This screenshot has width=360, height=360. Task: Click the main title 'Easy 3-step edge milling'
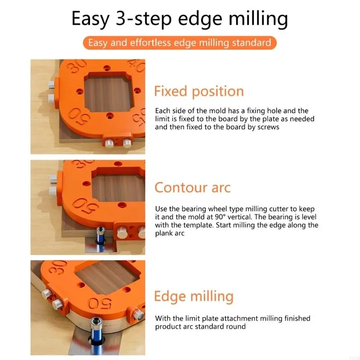point(180,19)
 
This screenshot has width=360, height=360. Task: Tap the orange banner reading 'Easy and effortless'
point(180,43)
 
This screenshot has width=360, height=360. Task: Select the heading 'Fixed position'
point(199,91)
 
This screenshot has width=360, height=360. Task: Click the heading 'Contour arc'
point(192,187)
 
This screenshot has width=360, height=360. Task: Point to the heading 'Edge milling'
point(193,297)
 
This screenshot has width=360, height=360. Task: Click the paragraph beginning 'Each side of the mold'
point(234,119)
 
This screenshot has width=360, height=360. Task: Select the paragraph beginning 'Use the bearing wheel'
point(237,221)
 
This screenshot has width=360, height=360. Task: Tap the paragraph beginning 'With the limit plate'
point(233,322)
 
